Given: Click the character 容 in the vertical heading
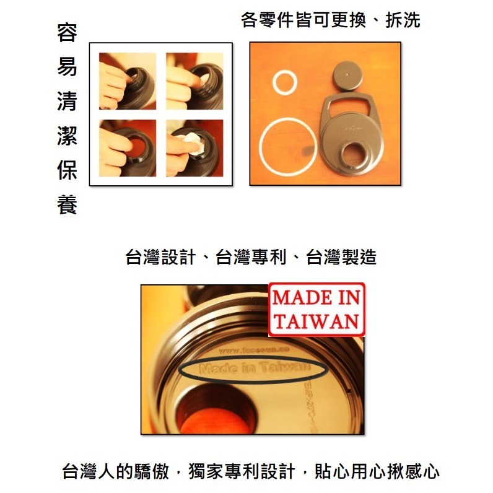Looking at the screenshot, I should [67, 33].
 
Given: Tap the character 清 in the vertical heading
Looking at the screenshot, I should [67, 102].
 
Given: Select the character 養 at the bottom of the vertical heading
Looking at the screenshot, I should [67, 205].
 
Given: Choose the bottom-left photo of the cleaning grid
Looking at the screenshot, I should [128, 147].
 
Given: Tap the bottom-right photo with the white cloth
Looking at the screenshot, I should [194, 147].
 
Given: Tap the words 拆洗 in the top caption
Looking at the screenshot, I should [403, 20].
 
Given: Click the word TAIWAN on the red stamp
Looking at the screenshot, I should [316, 321].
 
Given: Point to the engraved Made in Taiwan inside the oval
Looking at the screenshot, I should [253, 369].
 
